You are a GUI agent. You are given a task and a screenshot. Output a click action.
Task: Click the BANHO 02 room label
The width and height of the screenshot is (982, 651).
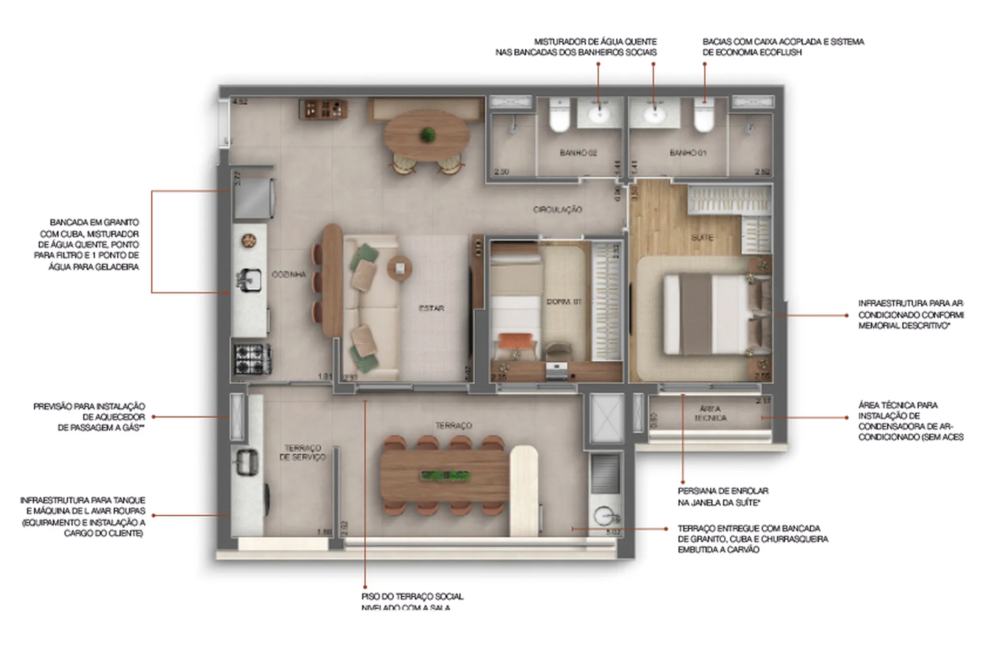[x=578, y=153]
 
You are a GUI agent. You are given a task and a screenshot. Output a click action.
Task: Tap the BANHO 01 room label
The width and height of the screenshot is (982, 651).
[x=688, y=153]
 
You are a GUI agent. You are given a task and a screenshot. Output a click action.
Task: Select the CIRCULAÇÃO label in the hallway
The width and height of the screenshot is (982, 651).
[x=557, y=210]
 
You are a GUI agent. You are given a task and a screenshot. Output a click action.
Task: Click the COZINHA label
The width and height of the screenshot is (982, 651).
[x=289, y=274]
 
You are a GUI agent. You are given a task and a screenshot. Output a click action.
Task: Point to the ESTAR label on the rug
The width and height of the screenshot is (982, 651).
[x=431, y=308]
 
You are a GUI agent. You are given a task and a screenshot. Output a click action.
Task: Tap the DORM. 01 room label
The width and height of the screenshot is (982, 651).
[x=564, y=302]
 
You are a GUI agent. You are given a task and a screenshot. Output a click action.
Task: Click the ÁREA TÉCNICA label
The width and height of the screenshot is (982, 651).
[x=710, y=413]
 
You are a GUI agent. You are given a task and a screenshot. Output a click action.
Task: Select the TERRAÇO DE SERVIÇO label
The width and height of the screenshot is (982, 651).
[x=302, y=452]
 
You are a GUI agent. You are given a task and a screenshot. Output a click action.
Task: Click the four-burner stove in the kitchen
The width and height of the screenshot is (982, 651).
[x=252, y=358]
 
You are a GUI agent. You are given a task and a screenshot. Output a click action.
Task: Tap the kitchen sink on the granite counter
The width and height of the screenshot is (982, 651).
[x=249, y=279]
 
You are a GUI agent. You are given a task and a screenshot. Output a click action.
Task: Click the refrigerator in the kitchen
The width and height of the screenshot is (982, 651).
[x=254, y=199]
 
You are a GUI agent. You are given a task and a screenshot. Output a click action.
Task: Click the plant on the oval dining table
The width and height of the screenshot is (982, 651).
[x=427, y=135]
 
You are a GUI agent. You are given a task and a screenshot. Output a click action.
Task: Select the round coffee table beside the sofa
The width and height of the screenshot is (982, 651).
[x=400, y=268]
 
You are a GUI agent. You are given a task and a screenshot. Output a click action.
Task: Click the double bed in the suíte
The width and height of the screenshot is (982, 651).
[x=711, y=315]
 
